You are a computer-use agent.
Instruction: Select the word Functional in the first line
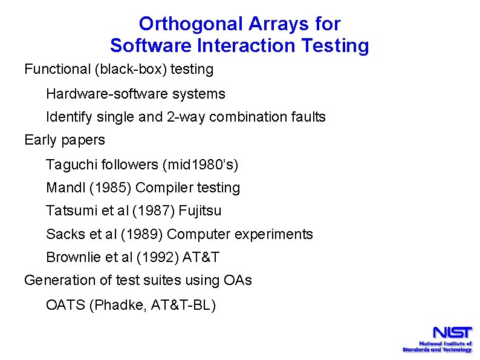(x=57, y=70)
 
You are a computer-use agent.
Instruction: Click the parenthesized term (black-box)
(x=130, y=70)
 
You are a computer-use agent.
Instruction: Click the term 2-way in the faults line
(x=184, y=117)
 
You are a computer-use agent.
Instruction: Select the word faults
(x=307, y=117)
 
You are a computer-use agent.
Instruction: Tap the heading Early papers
(x=64, y=140)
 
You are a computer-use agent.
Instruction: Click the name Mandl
(x=65, y=188)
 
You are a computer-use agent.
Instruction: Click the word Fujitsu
(x=200, y=211)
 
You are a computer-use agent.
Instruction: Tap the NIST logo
(x=438, y=339)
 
